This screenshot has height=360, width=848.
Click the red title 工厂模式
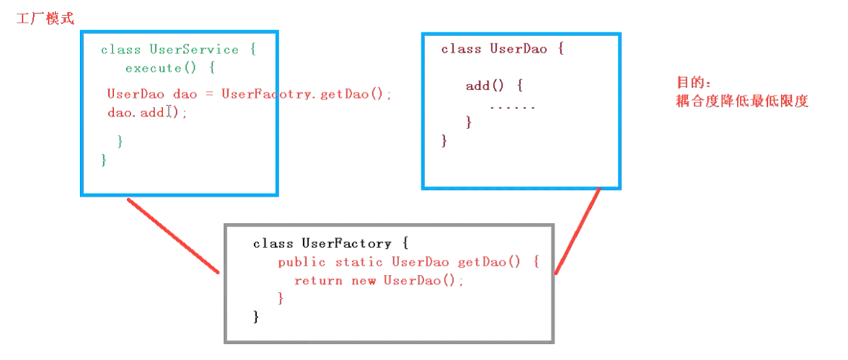(x=45, y=19)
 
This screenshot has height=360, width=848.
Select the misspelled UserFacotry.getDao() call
(x=307, y=94)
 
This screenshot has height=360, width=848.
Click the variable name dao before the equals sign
(x=185, y=94)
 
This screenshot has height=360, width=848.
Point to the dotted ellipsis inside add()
(x=512, y=107)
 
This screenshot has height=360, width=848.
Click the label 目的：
(x=693, y=84)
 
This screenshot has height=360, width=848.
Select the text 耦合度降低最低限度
(x=741, y=101)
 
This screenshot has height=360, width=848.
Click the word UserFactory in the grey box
(x=346, y=244)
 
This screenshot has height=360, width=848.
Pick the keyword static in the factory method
(x=359, y=262)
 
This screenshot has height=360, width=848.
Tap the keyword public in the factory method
(x=302, y=262)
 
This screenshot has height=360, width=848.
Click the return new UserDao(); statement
(x=379, y=281)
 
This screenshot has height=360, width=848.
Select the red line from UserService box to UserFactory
(x=173, y=236)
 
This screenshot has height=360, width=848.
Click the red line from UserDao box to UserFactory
(x=577, y=231)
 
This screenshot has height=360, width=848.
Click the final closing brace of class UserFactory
(x=256, y=316)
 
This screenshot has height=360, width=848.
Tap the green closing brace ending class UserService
(x=104, y=159)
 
